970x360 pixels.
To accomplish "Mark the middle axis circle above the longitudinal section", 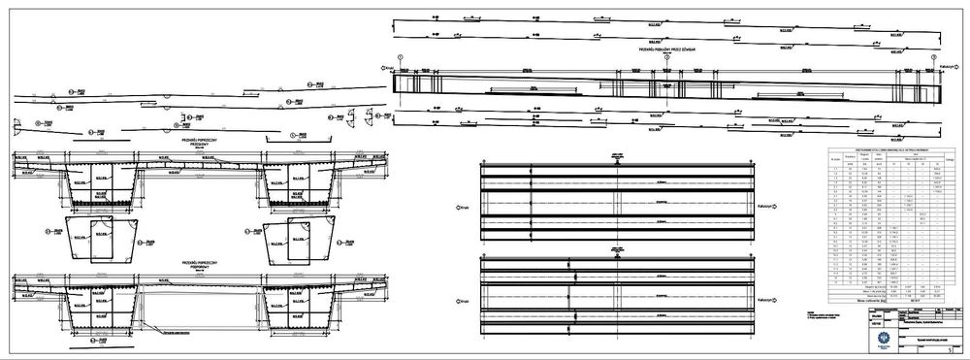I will pos(666,57).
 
